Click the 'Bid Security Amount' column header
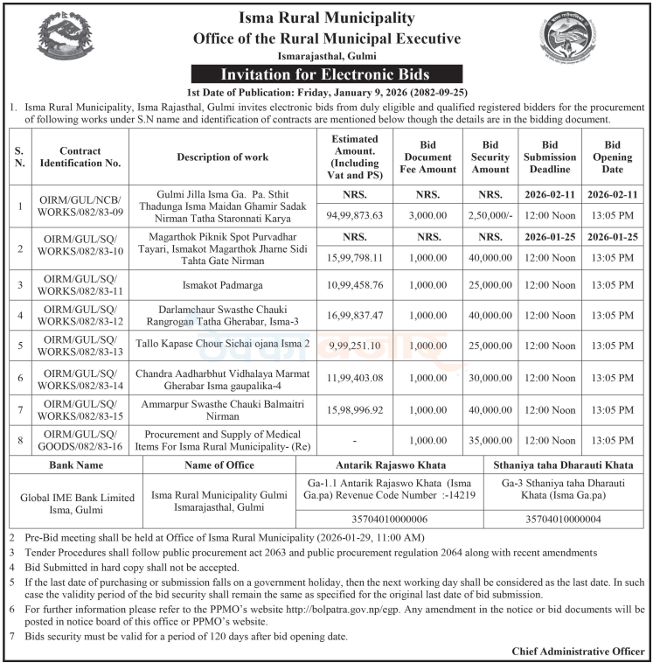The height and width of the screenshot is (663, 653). point(490,157)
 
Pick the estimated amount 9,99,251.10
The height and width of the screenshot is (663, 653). point(355,345)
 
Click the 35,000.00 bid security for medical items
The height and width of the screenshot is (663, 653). point(490,442)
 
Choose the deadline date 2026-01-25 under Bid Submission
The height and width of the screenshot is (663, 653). point(549,236)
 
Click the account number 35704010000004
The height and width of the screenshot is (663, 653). point(565,519)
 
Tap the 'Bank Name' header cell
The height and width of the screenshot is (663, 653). point(76,464)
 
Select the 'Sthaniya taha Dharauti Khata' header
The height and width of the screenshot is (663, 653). point(565,464)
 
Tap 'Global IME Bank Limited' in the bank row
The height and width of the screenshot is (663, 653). point(77,497)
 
